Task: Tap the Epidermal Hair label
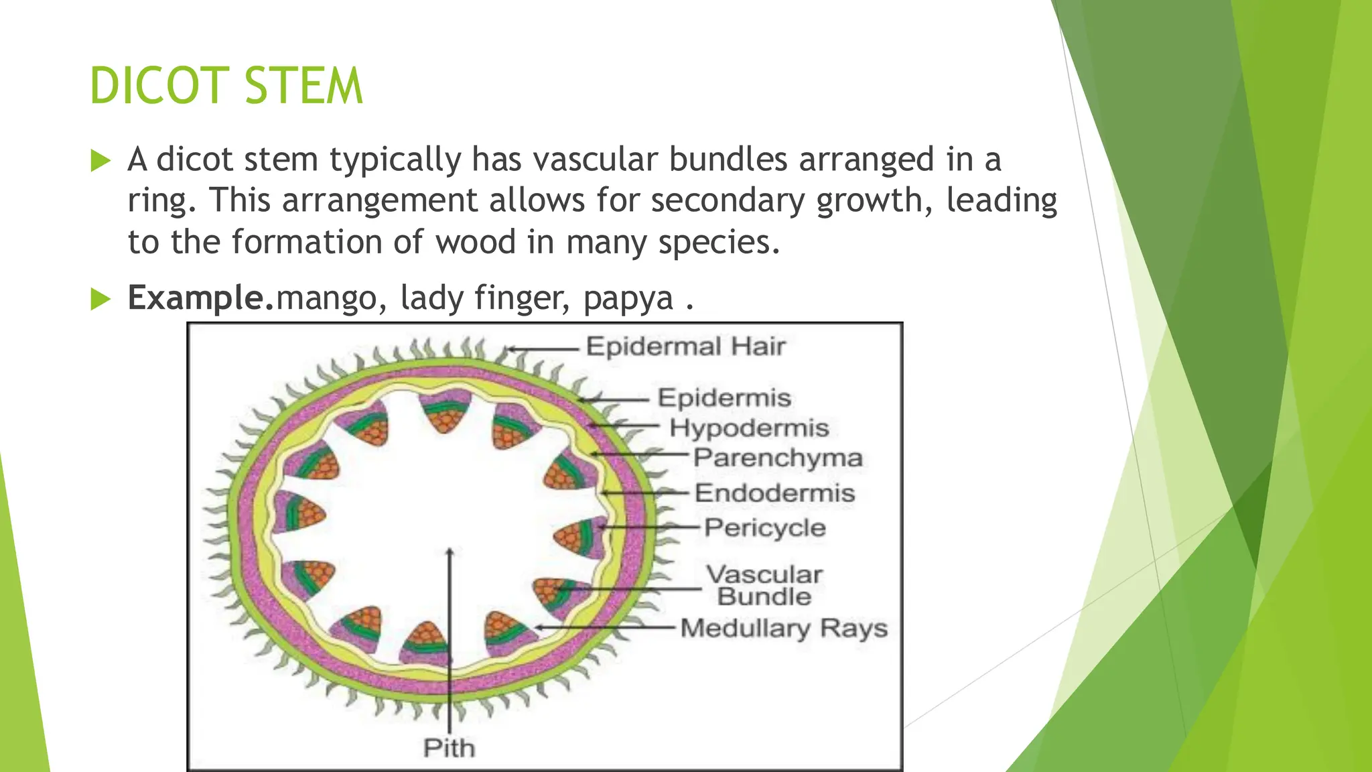point(685,346)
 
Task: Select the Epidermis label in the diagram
point(724,398)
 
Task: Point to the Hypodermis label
point(749,428)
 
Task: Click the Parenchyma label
point(778,458)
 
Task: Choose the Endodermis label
point(775,493)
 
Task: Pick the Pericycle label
point(765,528)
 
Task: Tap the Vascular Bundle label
point(764,585)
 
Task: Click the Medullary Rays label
point(784,629)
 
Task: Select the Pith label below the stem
point(449,748)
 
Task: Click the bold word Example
point(201,298)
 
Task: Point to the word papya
point(628,298)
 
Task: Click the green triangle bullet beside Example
point(100,299)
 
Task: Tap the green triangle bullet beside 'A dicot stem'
point(100,161)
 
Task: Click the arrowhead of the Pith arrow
point(450,552)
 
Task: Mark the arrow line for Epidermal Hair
point(543,348)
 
